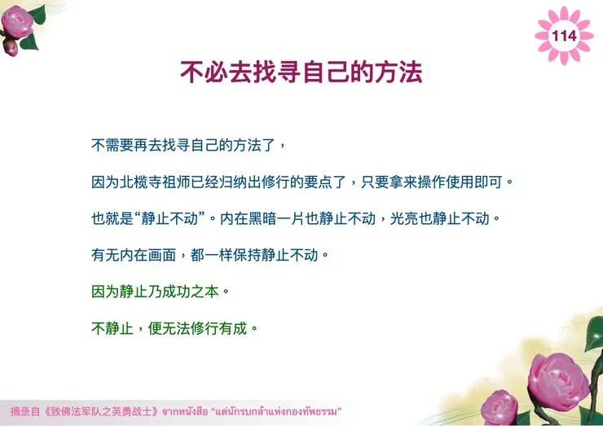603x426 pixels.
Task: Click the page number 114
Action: click(564, 36)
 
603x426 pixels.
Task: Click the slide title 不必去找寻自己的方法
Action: click(301, 72)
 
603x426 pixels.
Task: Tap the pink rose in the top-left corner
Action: click(18, 22)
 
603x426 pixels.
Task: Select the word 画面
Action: click(161, 255)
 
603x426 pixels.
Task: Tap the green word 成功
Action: click(181, 292)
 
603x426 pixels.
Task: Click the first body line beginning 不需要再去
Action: click(187, 145)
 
